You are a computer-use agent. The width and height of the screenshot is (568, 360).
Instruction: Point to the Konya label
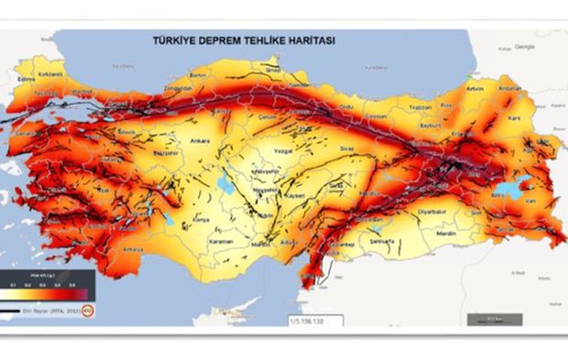click(x=202, y=221)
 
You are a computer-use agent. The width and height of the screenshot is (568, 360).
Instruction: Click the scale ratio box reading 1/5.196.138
click(x=312, y=321)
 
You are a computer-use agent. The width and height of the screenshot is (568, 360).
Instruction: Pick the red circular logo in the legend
click(x=88, y=311)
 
